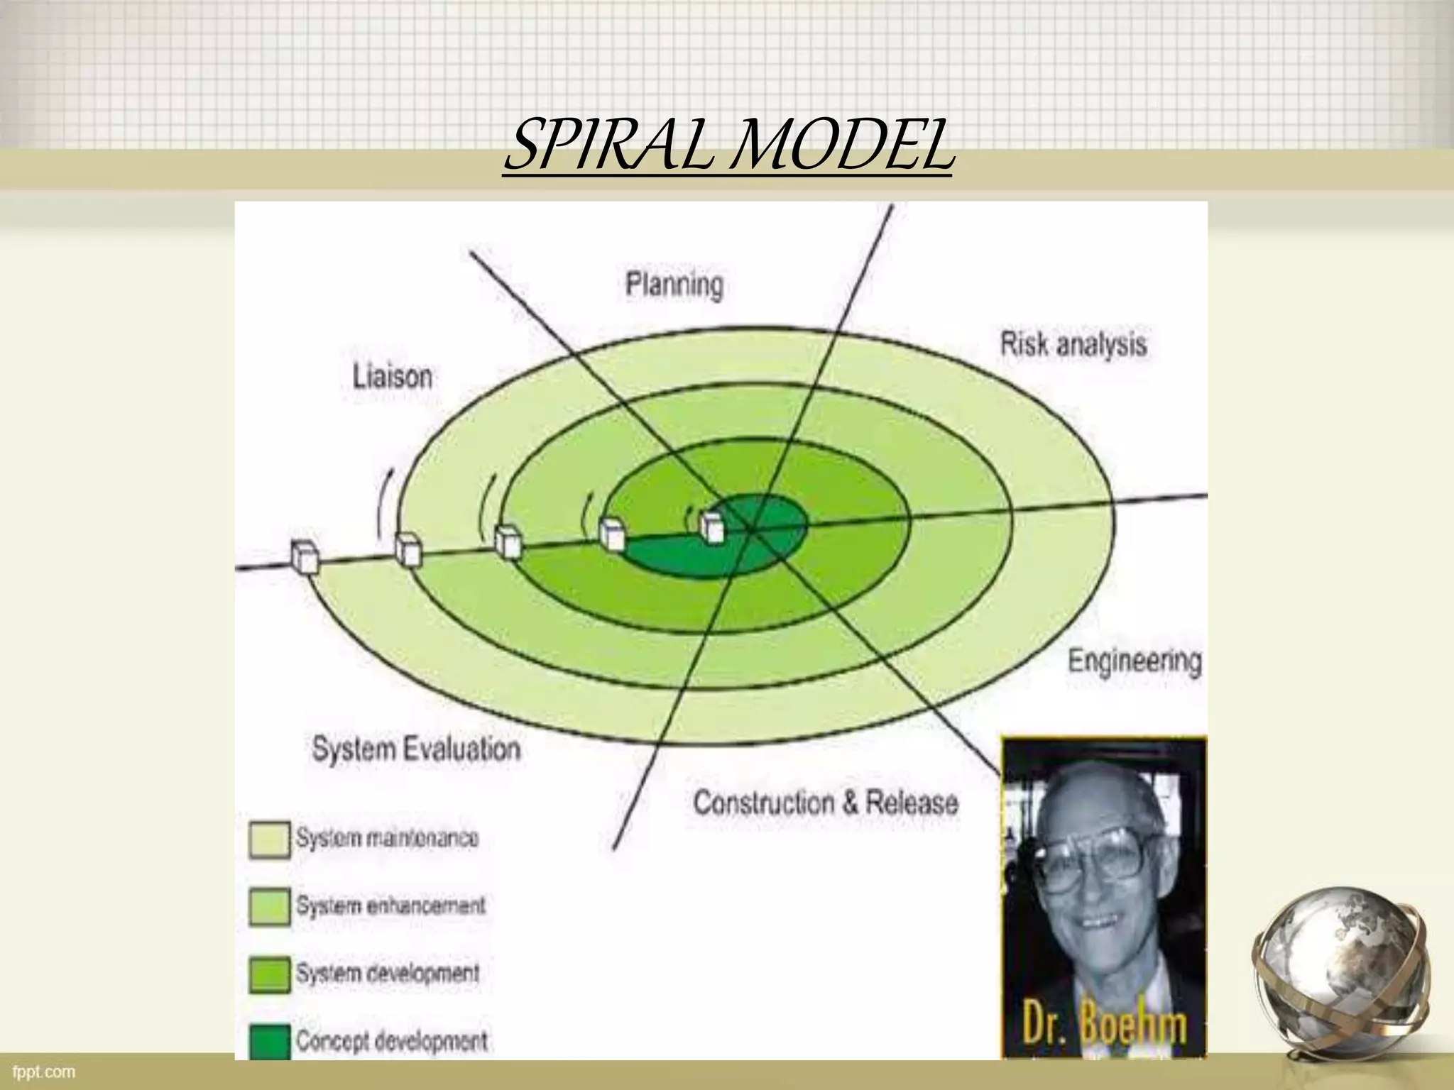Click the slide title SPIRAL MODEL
(728, 146)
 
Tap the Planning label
(674, 285)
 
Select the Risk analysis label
(1073, 345)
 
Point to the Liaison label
(393, 377)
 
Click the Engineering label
(1134, 661)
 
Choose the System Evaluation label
(416, 749)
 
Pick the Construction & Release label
(825, 803)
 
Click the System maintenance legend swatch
(270, 840)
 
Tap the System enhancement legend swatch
(270, 907)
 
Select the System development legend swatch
(270, 974)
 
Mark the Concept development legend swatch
(270, 1040)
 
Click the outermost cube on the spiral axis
(305, 556)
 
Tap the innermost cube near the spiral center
(711, 527)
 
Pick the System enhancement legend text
(390, 905)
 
